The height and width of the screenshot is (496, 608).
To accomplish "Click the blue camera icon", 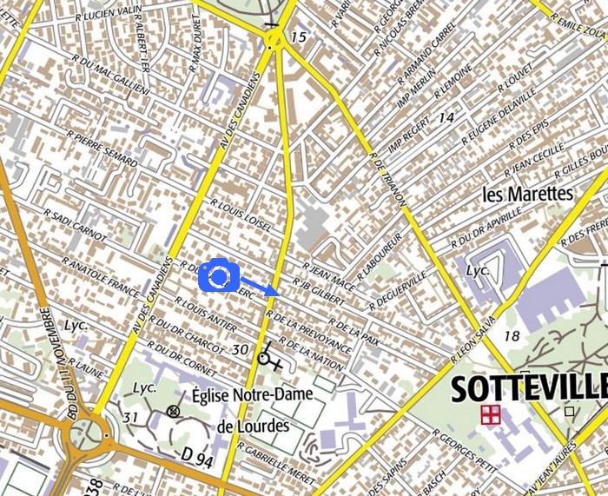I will coord(219,276).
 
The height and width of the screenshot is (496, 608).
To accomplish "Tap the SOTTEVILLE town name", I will coord(527,387).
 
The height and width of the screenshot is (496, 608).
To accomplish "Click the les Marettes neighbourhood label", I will coord(528,193).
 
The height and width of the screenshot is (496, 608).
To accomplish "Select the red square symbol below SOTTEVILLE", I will coord(491,414).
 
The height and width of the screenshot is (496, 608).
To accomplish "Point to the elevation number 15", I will coord(299,37).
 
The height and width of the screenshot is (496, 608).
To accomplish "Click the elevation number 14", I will coord(446,117).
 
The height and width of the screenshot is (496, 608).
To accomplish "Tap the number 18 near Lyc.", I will coord(511,335).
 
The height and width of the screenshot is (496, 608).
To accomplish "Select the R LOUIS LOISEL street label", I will coord(241,212).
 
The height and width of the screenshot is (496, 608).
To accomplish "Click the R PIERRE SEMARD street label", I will coord(102,148).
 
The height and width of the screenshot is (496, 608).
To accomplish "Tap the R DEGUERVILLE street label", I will coord(398,291).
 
